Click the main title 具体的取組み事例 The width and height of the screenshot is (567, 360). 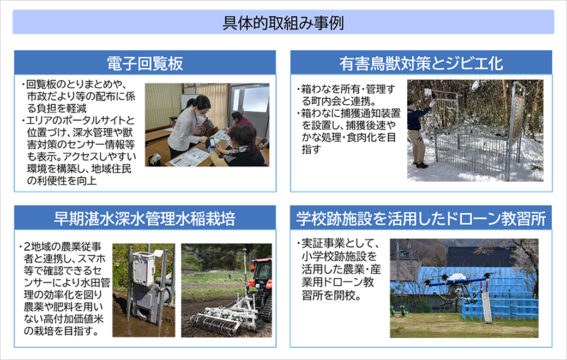283,23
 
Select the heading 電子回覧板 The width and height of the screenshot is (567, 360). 145,64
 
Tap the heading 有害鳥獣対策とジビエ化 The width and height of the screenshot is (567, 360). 421,64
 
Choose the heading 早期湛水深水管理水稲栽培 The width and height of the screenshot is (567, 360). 144,219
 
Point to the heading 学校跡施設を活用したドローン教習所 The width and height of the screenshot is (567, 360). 421,219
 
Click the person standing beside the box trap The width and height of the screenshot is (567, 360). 418,134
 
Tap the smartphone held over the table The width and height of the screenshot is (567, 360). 212,142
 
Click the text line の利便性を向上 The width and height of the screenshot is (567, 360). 62,181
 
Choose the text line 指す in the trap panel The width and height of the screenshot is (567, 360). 311,149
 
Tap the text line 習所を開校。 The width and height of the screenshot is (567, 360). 332,295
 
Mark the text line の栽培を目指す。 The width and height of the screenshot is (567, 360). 62,331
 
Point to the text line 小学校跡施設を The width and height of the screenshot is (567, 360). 339,256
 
